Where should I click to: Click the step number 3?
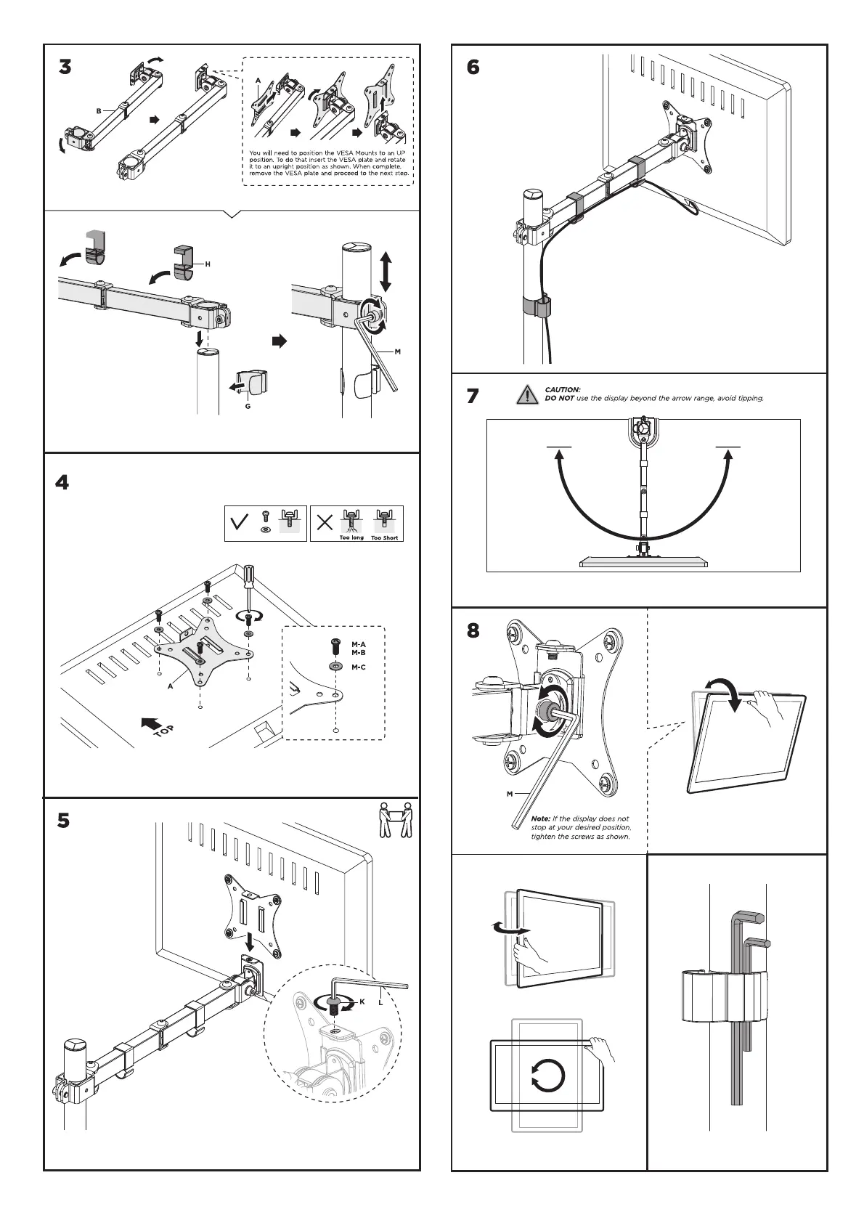click(x=65, y=68)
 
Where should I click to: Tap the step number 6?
click(x=473, y=67)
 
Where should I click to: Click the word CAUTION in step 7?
click(x=563, y=390)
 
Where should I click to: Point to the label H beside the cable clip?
click(x=207, y=264)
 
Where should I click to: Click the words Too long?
click(x=352, y=538)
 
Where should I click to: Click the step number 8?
click(x=473, y=630)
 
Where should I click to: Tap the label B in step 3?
click(x=99, y=111)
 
